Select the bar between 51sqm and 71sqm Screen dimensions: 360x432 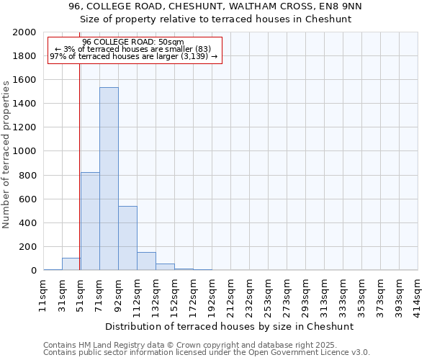[x=90, y=221]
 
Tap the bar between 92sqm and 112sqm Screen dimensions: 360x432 [x=127, y=238]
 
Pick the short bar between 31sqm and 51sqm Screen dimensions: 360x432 [x=71, y=264]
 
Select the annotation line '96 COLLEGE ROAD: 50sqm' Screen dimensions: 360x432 [x=133, y=42]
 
